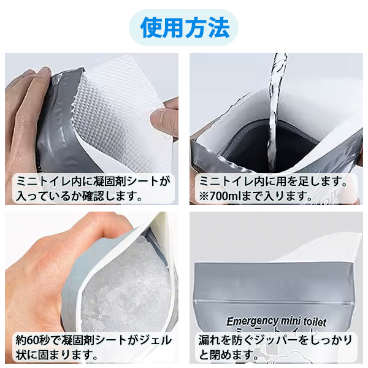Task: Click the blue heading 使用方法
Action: tap(185, 28)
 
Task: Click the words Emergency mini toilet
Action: tap(276, 321)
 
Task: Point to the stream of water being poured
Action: tap(277, 113)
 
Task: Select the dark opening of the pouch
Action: tap(270, 145)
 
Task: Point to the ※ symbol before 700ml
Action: tap(204, 196)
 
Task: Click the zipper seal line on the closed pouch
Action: tap(274, 301)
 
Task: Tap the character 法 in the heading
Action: tap(218, 28)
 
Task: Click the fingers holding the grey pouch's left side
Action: tap(28, 113)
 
